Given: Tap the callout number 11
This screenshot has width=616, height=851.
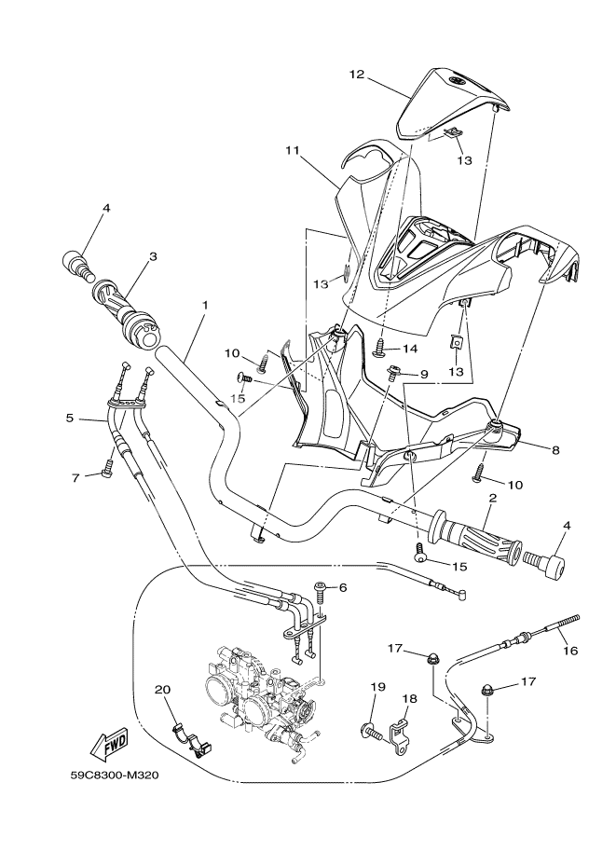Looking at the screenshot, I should tap(292, 150).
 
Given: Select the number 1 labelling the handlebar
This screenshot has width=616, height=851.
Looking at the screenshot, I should tap(204, 305).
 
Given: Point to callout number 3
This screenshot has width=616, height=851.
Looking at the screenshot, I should tap(152, 256).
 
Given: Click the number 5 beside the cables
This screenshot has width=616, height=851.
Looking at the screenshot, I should tap(69, 419).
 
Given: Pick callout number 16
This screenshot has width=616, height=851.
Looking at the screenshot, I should tap(570, 651).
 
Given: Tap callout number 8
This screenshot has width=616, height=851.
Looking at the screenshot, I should tap(555, 449).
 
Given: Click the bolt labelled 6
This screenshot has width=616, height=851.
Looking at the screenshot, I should tap(321, 589).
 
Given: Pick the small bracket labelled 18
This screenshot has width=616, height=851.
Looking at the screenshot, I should tap(401, 729).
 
